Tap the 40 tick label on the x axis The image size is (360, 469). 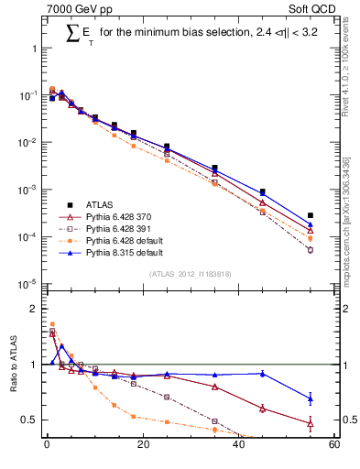(x=239, y=446)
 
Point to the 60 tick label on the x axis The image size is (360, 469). (x=334, y=446)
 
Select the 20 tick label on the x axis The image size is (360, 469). (x=142, y=446)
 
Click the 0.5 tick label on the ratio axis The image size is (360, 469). (x=30, y=420)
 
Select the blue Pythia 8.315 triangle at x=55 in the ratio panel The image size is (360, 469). (x=311, y=398)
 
